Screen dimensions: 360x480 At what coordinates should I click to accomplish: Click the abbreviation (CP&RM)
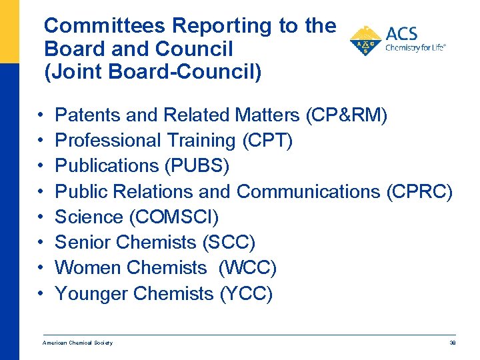pos(346,116)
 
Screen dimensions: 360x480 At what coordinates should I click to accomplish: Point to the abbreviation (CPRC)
pos(419,192)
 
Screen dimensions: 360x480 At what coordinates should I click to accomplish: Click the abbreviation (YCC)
pos(246,293)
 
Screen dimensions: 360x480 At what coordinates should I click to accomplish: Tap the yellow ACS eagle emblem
pos(365,41)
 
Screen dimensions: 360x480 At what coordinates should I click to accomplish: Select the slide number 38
pos(452,343)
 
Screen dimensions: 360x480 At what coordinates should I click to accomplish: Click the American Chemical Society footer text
pos(78,343)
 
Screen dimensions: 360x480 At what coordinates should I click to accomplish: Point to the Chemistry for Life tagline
pos(415,48)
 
